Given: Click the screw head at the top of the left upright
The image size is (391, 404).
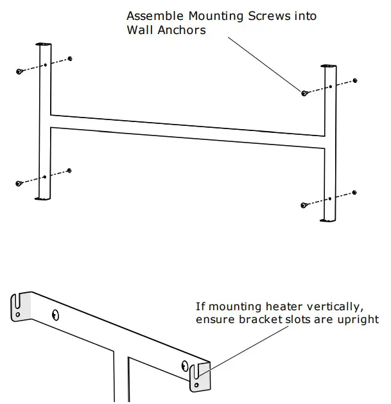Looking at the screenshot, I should tap(20, 71).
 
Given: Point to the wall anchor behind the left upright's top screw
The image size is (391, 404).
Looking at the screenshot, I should tap(69, 58).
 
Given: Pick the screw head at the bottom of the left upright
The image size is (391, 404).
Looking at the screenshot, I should tap(19, 184).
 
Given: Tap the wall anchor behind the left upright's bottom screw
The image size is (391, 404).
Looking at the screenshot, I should tap(69, 170).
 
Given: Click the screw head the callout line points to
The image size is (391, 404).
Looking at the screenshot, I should tap(304, 94).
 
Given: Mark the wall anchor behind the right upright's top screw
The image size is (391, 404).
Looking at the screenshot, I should tap(355, 80).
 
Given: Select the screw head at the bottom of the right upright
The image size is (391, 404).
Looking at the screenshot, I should tap(304, 206).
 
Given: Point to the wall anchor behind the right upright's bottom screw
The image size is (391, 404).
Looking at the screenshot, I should tap(355, 192).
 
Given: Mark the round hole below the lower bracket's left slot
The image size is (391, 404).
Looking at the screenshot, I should tap(19, 314).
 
